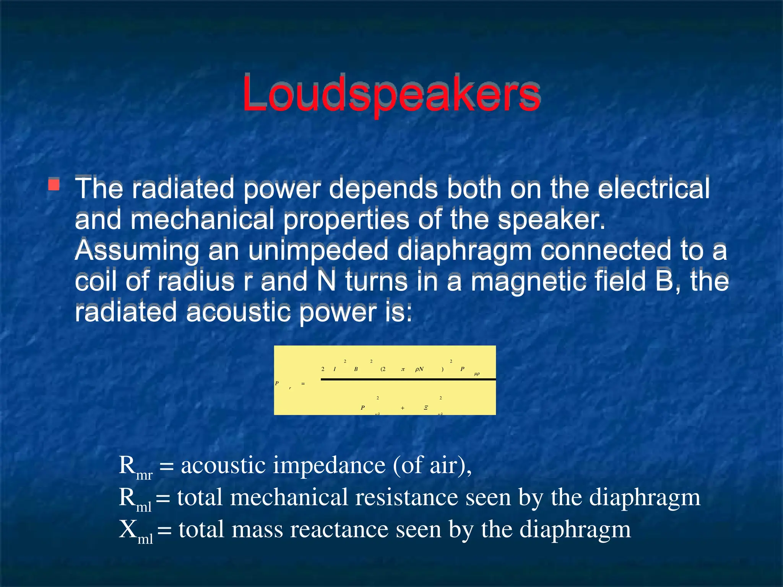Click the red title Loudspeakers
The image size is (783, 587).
click(391, 94)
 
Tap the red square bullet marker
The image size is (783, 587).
click(54, 185)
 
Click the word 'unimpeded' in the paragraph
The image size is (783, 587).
click(318, 250)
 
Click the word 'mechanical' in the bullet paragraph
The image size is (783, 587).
click(202, 219)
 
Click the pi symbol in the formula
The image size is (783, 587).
click(403, 369)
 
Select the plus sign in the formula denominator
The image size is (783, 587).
click(403, 408)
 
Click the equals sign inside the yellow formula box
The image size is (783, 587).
click(303, 383)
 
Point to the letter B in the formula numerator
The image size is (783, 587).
click(356, 369)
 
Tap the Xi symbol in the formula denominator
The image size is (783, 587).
click(426, 408)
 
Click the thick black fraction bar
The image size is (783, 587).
click(408, 379)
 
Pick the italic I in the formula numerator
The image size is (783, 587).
click(335, 369)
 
